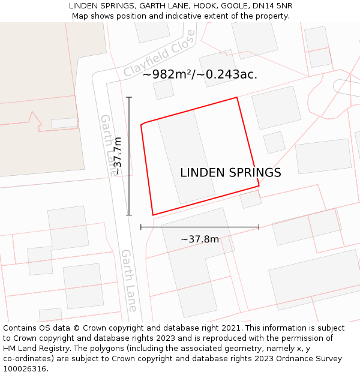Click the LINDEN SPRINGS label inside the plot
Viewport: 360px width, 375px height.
[x=230, y=173]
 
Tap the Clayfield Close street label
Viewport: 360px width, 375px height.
[x=160, y=53]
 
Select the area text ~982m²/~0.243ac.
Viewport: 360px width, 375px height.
[x=200, y=74]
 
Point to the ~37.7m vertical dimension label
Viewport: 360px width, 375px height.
[x=118, y=155]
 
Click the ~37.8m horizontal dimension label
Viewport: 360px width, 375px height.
[x=200, y=239]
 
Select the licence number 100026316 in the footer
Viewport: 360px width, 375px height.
[x=25, y=368]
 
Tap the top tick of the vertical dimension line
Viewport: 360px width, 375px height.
[x=129, y=97]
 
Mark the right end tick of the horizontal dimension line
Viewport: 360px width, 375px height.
[x=259, y=227]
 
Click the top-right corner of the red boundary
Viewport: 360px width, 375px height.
[x=237, y=97]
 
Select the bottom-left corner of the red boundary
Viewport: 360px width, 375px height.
[x=153, y=215]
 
